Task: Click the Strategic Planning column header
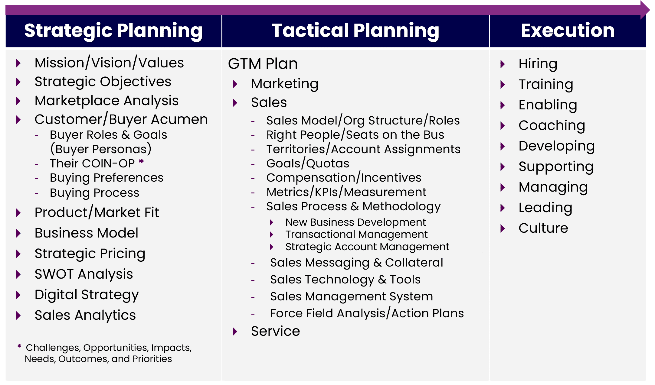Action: point(113,31)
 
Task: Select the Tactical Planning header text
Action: point(355,31)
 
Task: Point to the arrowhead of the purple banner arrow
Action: point(645,10)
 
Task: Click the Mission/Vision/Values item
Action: point(109,63)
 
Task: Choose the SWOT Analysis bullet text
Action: point(84,274)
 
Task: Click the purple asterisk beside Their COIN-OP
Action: point(141,161)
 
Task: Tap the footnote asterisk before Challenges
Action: point(19,346)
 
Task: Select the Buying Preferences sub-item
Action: point(106,178)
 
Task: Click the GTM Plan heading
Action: point(263,64)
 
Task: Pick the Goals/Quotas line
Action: point(308,163)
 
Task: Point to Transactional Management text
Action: point(356,235)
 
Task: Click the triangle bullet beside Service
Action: point(235,332)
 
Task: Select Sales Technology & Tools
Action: point(345,280)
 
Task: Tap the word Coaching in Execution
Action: point(552,125)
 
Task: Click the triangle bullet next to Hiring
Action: point(503,64)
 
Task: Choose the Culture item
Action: point(543,228)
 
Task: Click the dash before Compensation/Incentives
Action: point(253,178)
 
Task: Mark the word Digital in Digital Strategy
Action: point(56,295)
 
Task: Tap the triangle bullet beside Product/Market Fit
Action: point(18,213)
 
